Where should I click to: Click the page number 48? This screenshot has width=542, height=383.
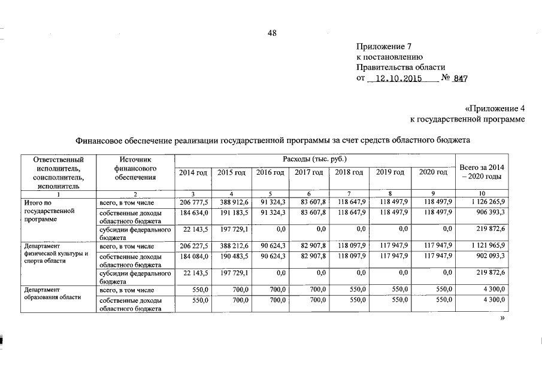pos(271,34)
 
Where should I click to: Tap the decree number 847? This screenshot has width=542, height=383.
pos(461,78)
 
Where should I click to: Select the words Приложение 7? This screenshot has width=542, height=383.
pos(384,46)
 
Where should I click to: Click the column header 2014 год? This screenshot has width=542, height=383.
pos(193,172)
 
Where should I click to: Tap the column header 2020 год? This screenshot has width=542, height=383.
pos(433,172)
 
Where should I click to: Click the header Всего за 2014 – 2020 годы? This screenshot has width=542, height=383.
pos(482,172)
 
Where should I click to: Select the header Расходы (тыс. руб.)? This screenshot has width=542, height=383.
pos(316,159)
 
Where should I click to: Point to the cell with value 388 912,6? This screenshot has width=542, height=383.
pos(234,203)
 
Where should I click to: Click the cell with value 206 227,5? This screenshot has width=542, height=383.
pos(193,245)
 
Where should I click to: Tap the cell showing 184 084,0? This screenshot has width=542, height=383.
pos(193,255)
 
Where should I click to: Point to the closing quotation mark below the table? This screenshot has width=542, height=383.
pos(502,320)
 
